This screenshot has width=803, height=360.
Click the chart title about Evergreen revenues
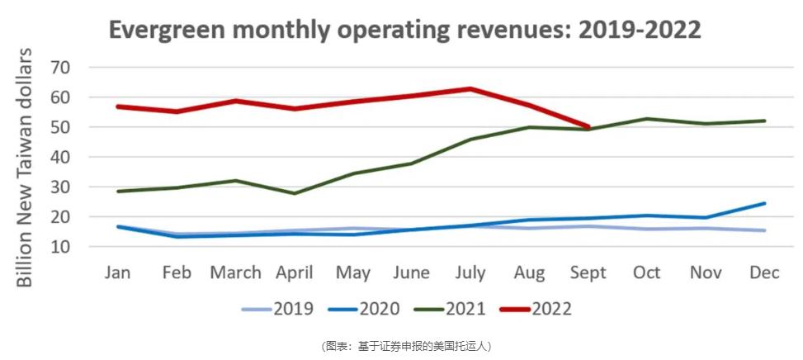point(405,30)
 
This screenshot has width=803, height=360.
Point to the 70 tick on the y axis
point(61,67)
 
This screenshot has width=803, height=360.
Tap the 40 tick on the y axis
point(61,157)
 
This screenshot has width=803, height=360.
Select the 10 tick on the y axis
point(61,247)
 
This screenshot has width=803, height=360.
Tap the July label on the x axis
point(470,272)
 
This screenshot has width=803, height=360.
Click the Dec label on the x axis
point(763,272)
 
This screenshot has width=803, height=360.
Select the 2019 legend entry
point(277,310)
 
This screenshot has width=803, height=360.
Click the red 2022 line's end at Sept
point(587,127)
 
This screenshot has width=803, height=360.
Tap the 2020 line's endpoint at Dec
point(763,203)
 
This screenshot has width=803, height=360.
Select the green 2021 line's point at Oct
point(646,119)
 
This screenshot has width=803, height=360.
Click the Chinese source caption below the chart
point(401,346)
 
